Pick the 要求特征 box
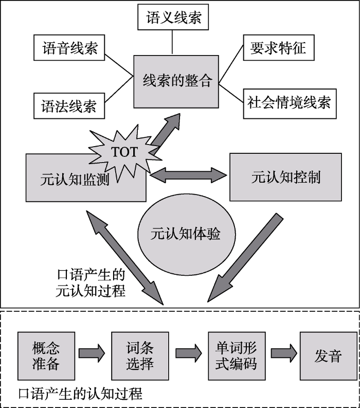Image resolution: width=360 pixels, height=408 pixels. click(278, 48)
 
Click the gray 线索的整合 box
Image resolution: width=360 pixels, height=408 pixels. click(177, 81)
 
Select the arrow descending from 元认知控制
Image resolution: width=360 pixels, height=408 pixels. click(247, 257)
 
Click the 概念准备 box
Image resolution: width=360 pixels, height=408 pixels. click(46, 355)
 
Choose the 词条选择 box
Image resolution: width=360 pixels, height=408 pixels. click(139, 355)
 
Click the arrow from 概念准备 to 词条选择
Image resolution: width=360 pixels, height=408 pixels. click(92, 354)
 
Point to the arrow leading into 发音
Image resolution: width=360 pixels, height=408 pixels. click(284, 354)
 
